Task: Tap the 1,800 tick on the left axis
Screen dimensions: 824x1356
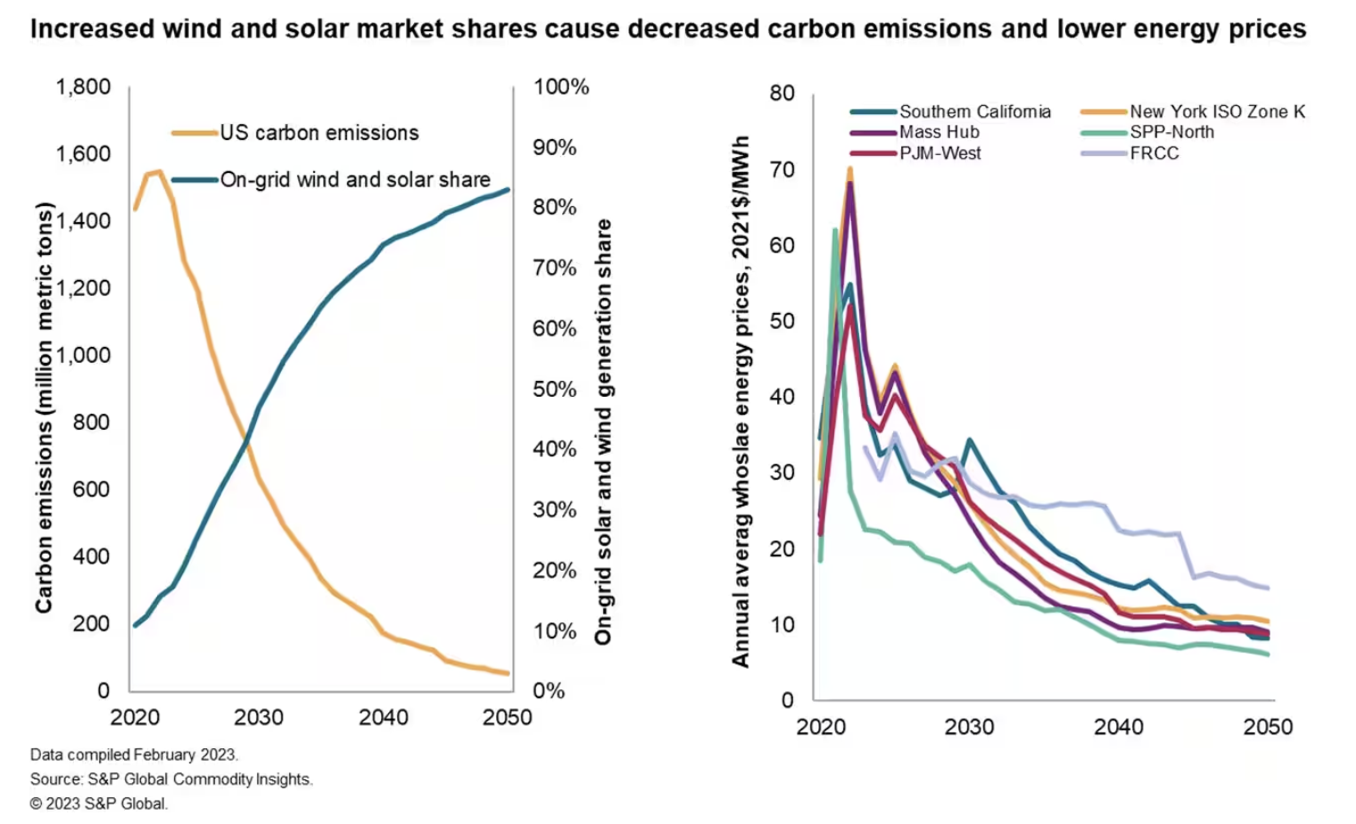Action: pyautogui.click(x=83, y=87)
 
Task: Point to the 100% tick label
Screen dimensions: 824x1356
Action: pyautogui.click(x=561, y=87)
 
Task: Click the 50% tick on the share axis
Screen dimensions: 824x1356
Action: pyautogui.click(x=555, y=389)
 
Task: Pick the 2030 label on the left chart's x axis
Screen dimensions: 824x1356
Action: pyautogui.click(x=259, y=717)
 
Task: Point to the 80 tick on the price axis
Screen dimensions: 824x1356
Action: pyautogui.click(x=781, y=94)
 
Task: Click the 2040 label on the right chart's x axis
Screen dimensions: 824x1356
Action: pyautogui.click(x=1119, y=727)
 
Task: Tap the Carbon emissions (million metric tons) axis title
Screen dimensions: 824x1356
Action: pyautogui.click(x=44, y=408)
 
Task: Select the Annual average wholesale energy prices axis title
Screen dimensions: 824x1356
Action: pyautogui.click(x=740, y=401)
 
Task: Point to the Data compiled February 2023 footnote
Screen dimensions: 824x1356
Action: pyautogui.click(x=134, y=754)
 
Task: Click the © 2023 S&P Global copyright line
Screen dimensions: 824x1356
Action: pyautogui.click(x=99, y=803)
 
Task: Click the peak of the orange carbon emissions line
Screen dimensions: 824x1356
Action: pyautogui.click(x=159, y=171)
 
